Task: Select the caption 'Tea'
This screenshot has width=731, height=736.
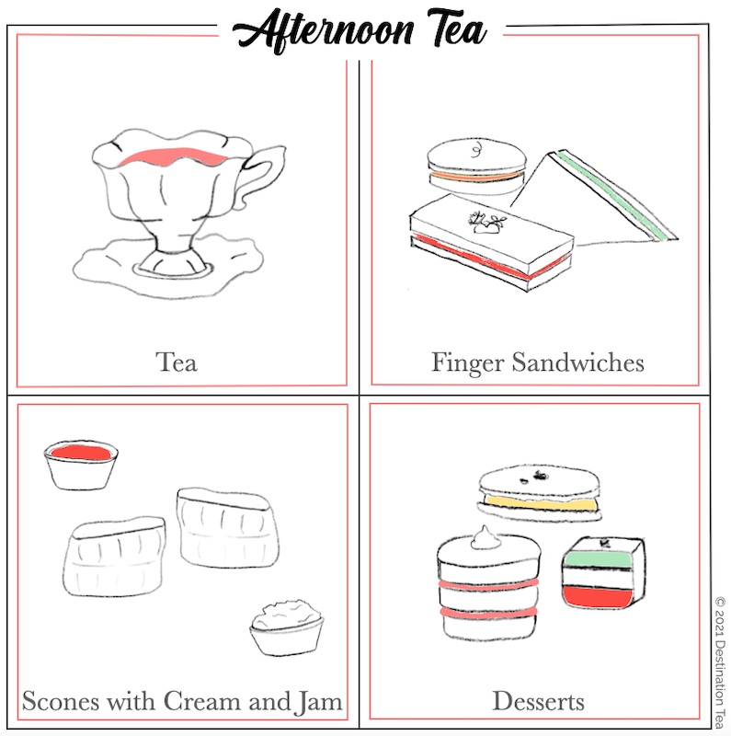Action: pos(177,362)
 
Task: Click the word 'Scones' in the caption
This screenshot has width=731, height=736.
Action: pos(62,702)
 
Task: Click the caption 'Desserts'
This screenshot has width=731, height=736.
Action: pos(538,702)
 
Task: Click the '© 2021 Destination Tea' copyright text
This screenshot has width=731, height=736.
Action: pos(720,657)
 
